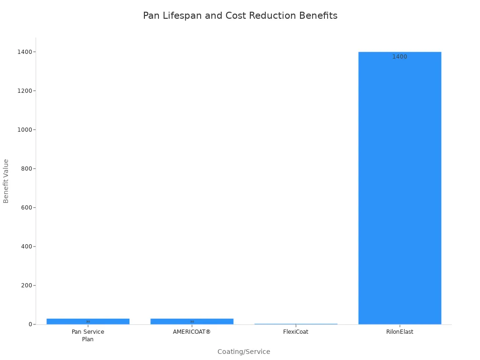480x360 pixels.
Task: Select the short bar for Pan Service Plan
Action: click(x=88, y=322)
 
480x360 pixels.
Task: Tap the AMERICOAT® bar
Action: click(x=192, y=322)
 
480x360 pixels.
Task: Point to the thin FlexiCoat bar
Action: click(x=296, y=324)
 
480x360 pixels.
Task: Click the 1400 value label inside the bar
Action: click(x=399, y=57)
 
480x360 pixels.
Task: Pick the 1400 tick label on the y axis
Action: click(x=24, y=52)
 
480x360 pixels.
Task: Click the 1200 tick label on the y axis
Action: click(x=24, y=90)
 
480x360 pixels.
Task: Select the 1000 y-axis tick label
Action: click(x=24, y=129)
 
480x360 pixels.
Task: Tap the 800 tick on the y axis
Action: click(x=26, y=168)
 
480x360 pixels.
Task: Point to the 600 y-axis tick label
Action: click(x=26, y=207)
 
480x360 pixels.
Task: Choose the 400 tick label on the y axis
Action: click(x=26, y=246)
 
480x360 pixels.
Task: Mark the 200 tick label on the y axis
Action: click(x=26, y=285)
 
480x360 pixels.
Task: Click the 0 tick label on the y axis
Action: click(x=30, y=324)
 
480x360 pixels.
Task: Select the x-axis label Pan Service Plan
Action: click(x=88, y=335)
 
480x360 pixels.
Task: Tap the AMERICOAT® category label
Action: click(x=192, y=331)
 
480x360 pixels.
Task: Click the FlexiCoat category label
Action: click(x=296, y=331)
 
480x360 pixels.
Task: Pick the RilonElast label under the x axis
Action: click(x=399, y=331)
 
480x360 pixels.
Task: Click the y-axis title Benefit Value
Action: click(x=6, y=180)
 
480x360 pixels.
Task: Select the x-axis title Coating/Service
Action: click(x=244, y=352)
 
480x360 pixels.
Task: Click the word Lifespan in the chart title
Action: click(x=182, y=15)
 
